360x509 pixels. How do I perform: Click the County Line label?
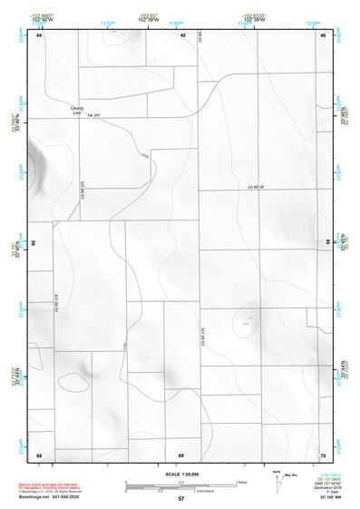[x=76, y=110]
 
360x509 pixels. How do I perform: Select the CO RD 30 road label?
[x=255, y=186]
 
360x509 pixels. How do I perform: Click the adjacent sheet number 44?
[x=39, y=35]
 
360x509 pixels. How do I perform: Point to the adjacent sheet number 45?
[x=182, y=35]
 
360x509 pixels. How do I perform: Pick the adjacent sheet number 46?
[x=323, y=35]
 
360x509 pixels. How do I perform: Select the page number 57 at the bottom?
[x=181, y=499]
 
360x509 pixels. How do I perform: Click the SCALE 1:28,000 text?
[x=180, y=474]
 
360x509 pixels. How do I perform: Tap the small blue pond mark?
[x=245, y=318]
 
